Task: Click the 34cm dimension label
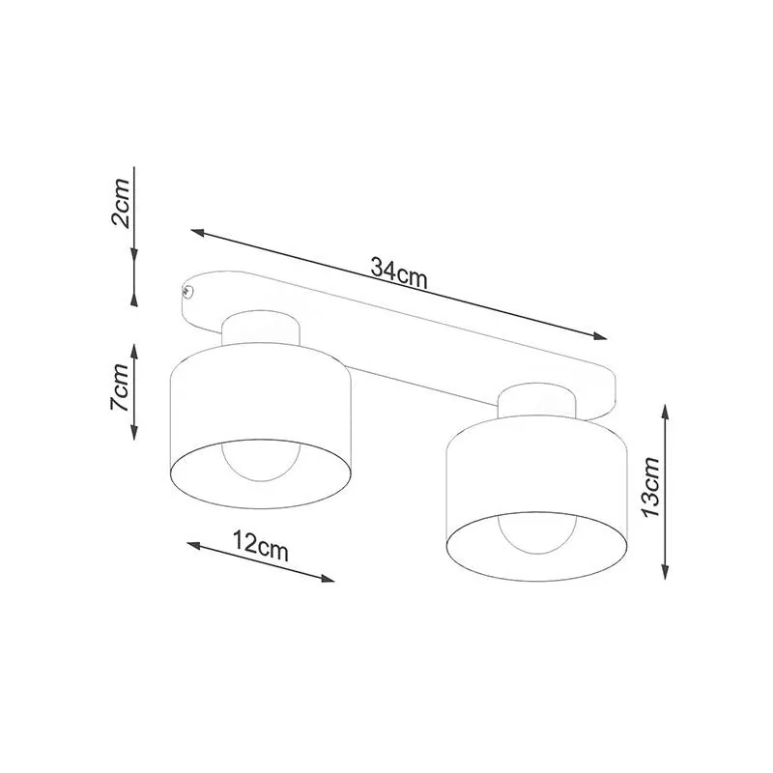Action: (398, 273)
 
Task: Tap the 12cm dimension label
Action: (260, 546)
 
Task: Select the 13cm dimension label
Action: (650, 487)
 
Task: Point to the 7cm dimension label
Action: (119, 387)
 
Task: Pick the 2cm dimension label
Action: (120, 204)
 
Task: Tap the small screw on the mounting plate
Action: (186, 292)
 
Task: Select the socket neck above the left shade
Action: (261, 329)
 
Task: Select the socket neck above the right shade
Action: (537, 401)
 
